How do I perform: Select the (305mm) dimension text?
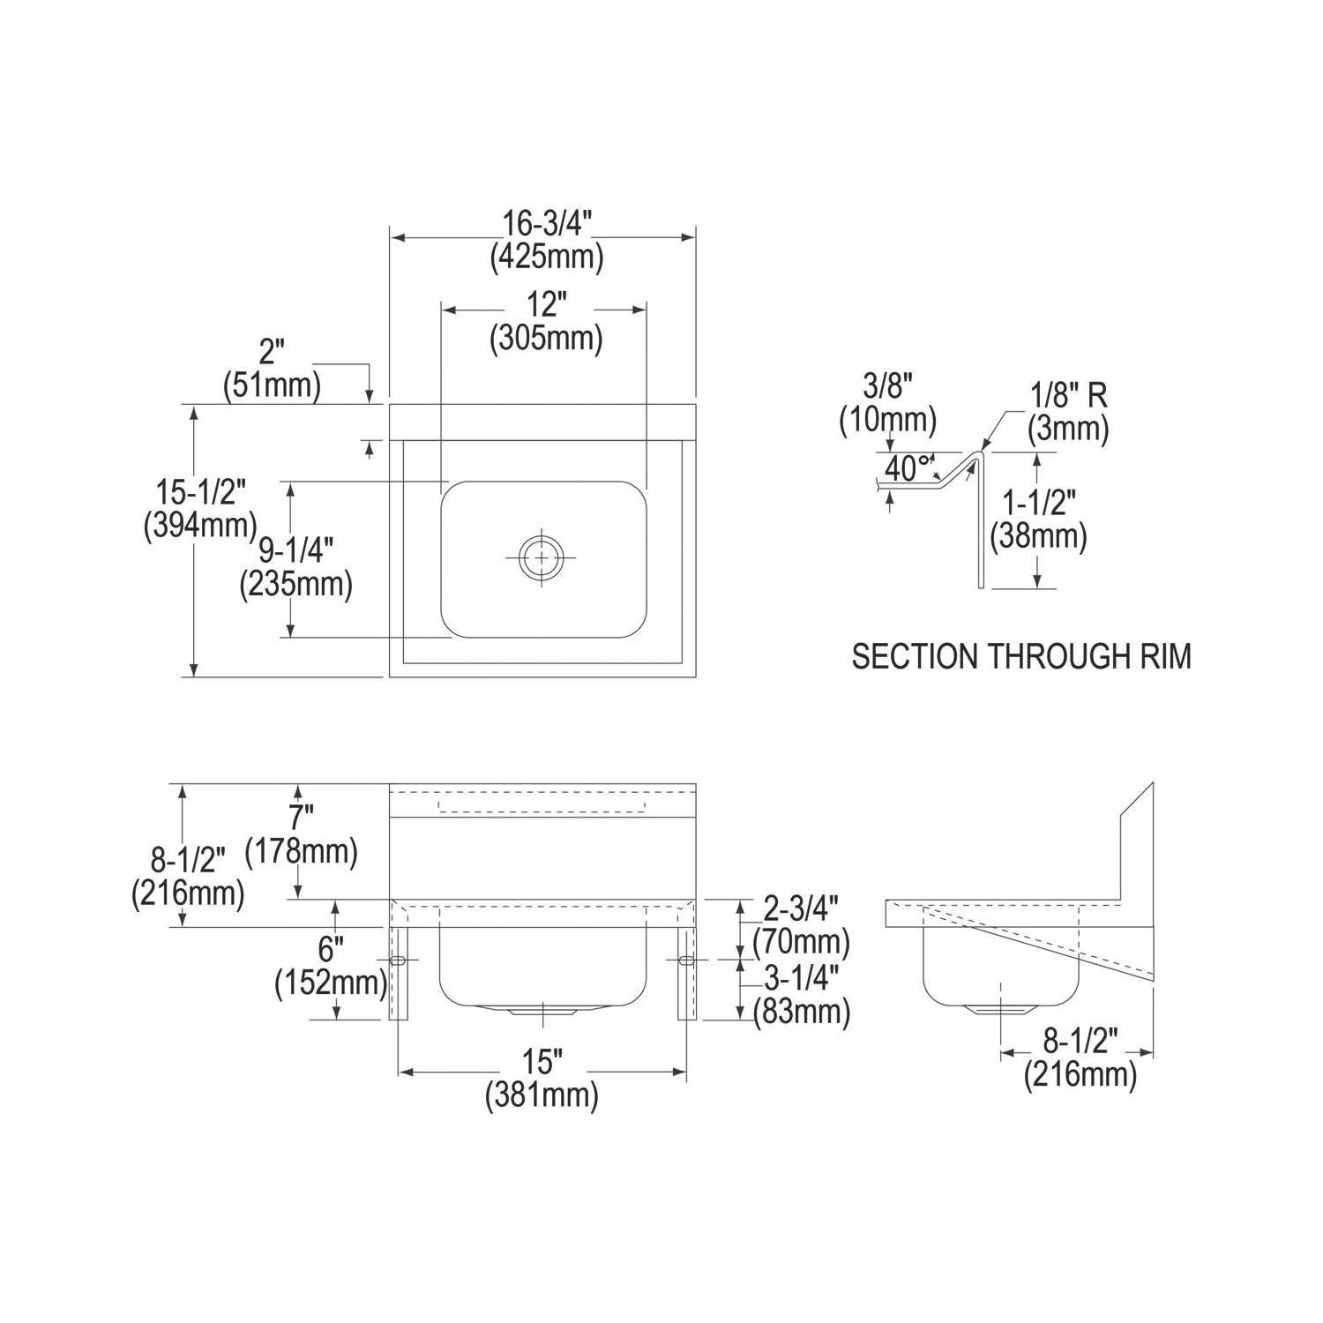click(546, 338)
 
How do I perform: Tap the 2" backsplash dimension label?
click(272, 353)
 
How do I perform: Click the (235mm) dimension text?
click(295, 585)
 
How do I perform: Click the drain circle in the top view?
click(541, 557)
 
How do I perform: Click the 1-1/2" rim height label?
click(1038, 504)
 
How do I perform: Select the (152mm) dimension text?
click(331, 982)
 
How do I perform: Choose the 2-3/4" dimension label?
click(800, 908)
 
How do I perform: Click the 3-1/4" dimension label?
click(800, 978)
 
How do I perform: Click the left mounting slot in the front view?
click(398, 960)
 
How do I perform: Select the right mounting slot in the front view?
click(687, 960)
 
